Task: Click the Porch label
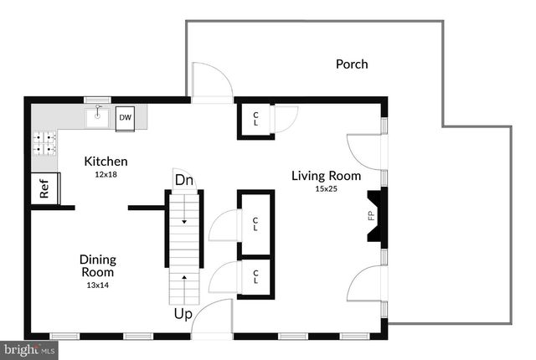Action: pos(352,64)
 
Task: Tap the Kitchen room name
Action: pos(106,162)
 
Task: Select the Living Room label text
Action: pos(326,176)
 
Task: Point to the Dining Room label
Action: pos(98,265)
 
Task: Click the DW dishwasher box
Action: pos(125,118)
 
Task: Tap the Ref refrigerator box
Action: pos(45,188)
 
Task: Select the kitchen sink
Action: pos(97,117)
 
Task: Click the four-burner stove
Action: pos(44,143)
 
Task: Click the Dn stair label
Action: pos(183,180)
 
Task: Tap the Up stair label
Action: pos(183,314)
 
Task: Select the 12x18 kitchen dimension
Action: pos(106,174)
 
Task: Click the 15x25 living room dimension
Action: pos(326,189)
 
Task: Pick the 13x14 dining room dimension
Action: pos(98,285)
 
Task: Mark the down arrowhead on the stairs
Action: pos(184,222)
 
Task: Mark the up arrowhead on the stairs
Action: pos(184,277)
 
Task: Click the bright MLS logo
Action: pos(29,350)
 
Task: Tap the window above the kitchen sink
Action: pos(97,100)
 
